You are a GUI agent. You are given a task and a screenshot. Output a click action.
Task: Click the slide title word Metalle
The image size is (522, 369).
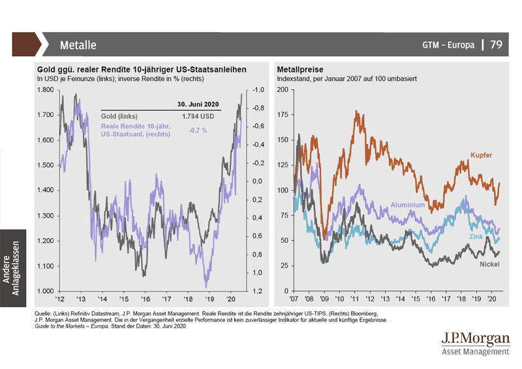[x=78, y=46]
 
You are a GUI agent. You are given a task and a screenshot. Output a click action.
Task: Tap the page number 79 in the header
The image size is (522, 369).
[x=496, y=45]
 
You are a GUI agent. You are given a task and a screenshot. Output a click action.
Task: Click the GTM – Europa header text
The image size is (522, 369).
[x=449, y=46]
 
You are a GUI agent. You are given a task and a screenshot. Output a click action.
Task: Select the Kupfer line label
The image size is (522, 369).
[x=480, y=155]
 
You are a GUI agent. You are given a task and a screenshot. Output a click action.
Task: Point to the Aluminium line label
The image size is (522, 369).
[x=408, y=205]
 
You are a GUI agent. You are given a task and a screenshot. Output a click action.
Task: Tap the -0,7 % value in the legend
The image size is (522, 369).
[x=198, y=130]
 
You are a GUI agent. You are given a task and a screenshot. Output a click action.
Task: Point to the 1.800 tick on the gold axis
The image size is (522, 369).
[x=48, y=90]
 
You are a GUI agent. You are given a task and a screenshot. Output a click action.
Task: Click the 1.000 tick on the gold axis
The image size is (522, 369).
[x=48, y=291]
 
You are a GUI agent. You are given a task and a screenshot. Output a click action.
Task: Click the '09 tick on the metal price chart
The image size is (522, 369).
[x=324, y=298]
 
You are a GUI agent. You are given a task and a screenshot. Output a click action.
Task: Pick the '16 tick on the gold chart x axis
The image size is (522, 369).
[x=145, y=298]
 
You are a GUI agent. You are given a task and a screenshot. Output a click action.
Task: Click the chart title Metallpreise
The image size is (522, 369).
[x=301, y=70]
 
